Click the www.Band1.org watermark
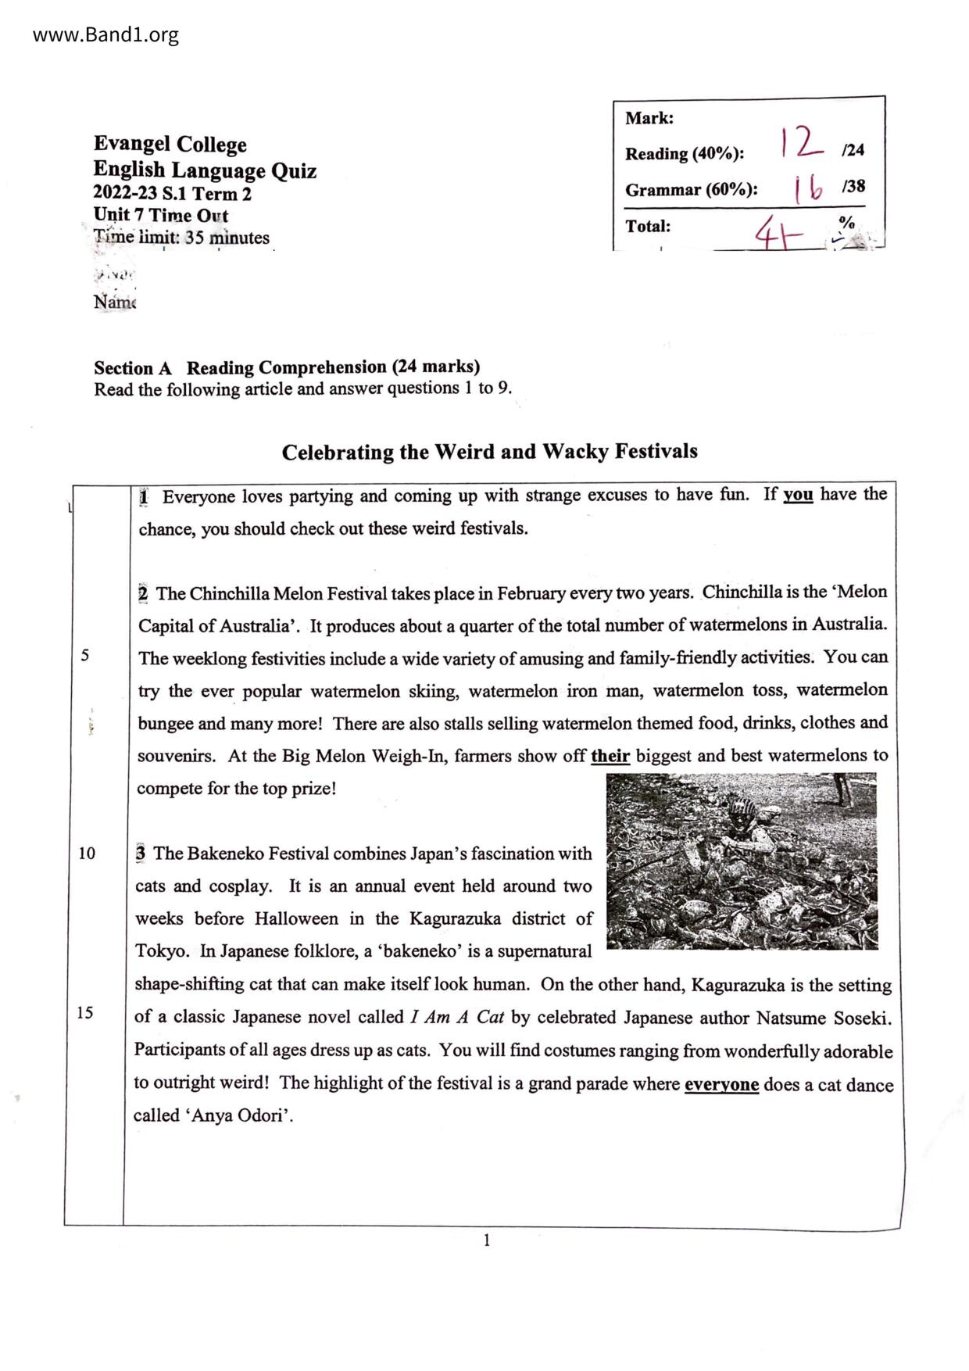105,35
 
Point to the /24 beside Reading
853,150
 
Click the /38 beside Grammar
853,187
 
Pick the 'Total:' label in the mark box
648,227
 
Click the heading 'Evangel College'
170,145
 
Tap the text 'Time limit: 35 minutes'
181,238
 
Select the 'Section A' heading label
133,368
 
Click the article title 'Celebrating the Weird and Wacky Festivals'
489,452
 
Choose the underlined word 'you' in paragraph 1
798,495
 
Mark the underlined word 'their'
610,756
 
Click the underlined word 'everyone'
721,1085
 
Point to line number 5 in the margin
84,656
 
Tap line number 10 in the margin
87,854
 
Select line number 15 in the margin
85,1013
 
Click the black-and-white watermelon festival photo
742,861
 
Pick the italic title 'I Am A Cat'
456,1017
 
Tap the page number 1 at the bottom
487,1240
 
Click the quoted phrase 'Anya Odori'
239,1116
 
